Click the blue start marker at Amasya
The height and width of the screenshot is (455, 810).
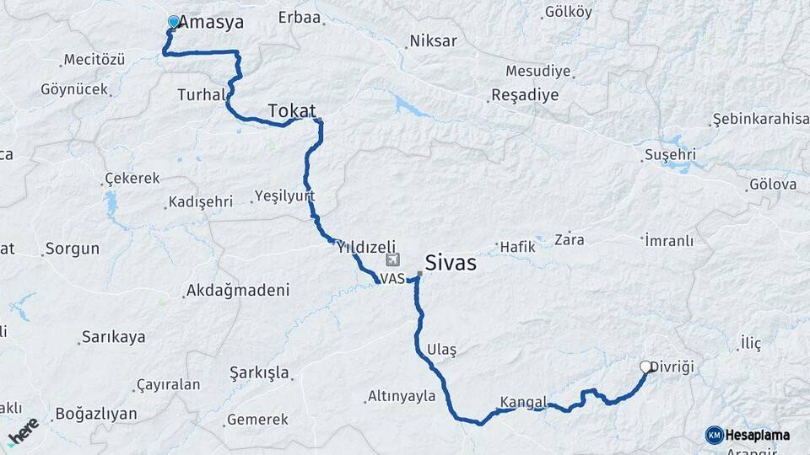[x=174, y=22]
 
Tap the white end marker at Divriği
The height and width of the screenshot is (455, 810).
[x=646, y=367]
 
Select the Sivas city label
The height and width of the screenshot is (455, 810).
[x=451, y=263]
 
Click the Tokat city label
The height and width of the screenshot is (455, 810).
[x=292, y=110]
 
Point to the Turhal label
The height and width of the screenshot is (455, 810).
[x=201, y=94]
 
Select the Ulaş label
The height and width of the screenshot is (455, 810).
[x=441, y=350]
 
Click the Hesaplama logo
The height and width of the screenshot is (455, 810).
[x=748, y=435]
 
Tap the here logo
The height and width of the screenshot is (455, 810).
[x=23, y=431]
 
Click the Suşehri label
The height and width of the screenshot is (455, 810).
[x=669, y=154]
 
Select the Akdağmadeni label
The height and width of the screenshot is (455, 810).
[x=238, y=291]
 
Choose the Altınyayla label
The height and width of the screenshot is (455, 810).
[x=402, y=396]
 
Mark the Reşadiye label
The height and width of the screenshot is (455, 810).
[x=525, y=94]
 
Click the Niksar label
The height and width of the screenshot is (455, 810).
[x=433, y=40]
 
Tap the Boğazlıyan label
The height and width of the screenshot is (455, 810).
[x=95, y=414]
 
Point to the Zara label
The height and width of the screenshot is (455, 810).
[x=570, y=239]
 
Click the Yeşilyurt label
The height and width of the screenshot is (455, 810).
[x=285, y=196]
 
